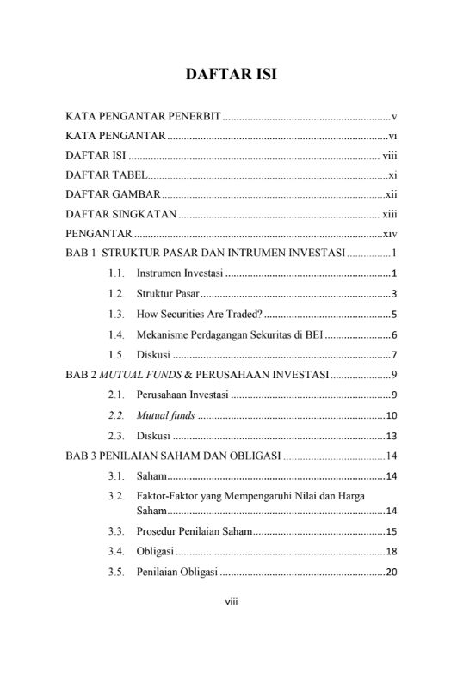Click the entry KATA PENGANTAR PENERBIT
pos(144,116)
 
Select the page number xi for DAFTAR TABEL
pos(392,175)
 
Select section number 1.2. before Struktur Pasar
pos(118,293)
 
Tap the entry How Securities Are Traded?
pos(205,313)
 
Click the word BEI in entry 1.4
pos(313,334)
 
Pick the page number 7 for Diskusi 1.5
pos(393,354)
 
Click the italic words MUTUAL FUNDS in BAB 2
pos(133,374)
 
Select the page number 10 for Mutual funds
pos(390,415)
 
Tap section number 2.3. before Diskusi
pos(118,435)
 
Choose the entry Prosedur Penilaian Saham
pos(194,531)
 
